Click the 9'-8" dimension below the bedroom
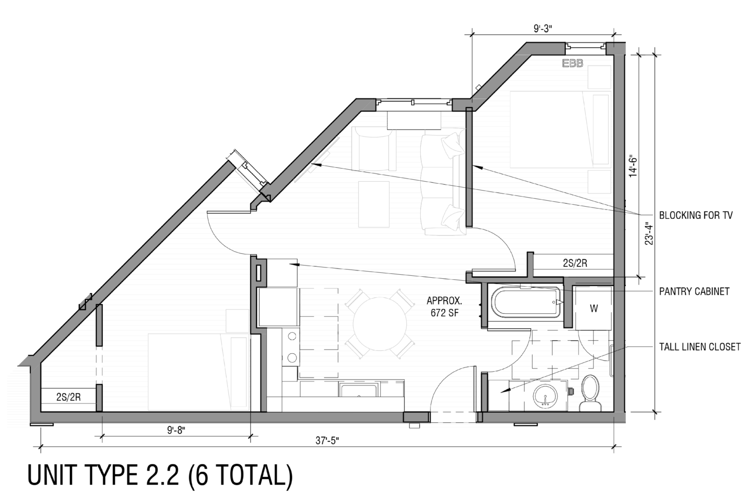(176, 430)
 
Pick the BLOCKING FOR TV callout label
(695, 215)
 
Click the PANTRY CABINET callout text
(694, 291)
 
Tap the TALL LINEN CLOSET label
(699, 347)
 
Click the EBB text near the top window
(572, 63)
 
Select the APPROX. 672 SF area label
(444, 307)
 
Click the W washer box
(593, 308)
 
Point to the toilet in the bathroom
(591, 392)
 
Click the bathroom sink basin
(545, 395)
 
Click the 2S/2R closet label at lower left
(68, 397)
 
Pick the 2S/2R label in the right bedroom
(575, 263)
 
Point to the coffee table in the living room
(374, 204)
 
